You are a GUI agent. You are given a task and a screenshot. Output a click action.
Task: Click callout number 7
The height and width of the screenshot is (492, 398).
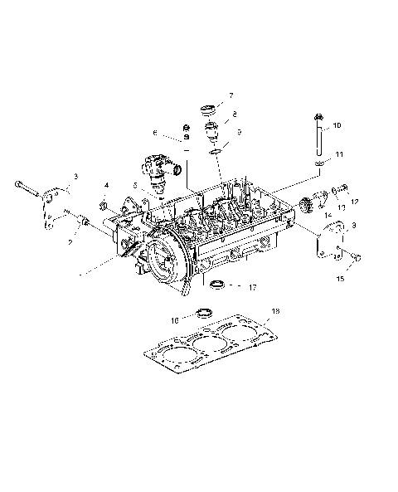[x=231, y=95]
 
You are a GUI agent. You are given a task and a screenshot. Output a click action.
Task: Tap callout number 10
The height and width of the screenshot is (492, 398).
[x=337, y=126]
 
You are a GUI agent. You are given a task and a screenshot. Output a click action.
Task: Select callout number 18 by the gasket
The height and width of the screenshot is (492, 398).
[x=275, y=311]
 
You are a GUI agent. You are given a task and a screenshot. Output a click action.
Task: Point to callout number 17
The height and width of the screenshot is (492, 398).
[x=253, y=287]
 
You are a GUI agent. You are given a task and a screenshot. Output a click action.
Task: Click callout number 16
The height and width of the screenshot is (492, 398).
[x=175, y=318]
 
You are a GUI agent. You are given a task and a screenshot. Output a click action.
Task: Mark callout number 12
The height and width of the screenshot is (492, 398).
[x=354, y=200]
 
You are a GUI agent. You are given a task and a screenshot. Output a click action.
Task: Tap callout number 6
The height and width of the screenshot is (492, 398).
[x=154, y=132]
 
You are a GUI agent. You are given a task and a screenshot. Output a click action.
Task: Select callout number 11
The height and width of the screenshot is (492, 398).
[x=337, y=155]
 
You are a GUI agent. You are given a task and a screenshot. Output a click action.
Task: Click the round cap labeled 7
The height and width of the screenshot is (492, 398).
[x=207, y=111]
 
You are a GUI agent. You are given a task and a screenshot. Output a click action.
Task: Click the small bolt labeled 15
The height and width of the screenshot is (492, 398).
[x=354, y=259]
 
